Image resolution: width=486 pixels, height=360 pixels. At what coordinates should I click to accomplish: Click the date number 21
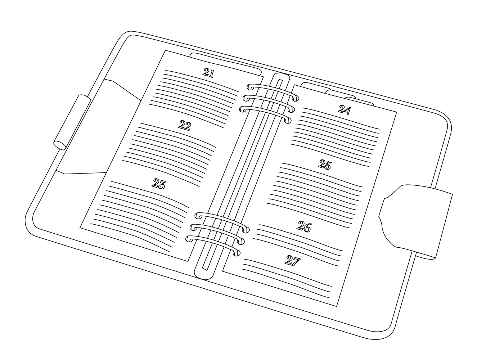tap(208, 73)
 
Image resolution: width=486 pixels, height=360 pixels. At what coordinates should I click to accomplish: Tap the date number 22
tap(185, 125)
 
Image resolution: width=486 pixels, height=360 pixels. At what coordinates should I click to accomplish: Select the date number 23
tap(159, 184)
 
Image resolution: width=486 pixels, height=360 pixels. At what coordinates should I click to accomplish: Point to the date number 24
tap(345, 109)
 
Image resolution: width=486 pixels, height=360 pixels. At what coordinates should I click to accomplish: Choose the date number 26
tap(304, 226)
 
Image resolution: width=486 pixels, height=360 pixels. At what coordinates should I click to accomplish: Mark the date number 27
tap(293, 261)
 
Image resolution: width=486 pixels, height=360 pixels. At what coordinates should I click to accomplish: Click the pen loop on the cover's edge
tap(72, 122)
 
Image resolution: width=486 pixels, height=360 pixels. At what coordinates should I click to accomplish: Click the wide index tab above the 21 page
tap(226, 64)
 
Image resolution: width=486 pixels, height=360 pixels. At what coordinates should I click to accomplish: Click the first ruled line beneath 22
tap(178, 134)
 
